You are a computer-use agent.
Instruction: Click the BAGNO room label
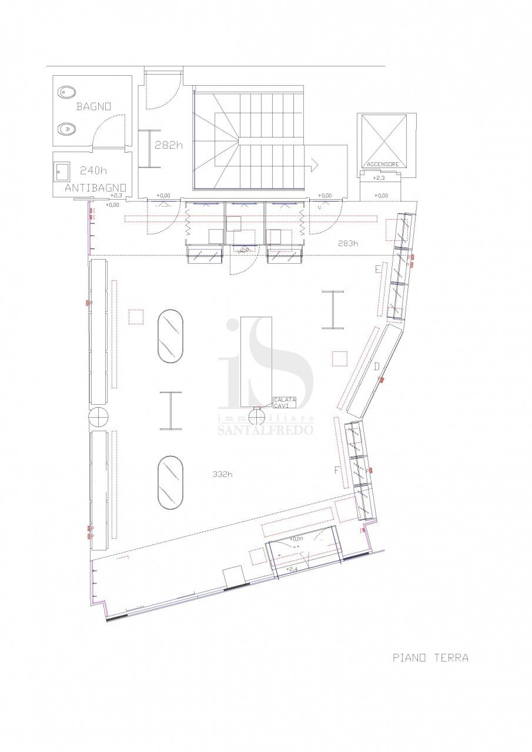(93, 107)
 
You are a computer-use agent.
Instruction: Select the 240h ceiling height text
(93, 171)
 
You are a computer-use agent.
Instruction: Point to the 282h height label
(168, 145)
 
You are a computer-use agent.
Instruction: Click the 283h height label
(348, 243)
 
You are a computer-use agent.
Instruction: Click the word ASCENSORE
(383, 164)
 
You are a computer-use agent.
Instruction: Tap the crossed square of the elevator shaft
(384, 137)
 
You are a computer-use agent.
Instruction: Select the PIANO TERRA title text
(430, 657)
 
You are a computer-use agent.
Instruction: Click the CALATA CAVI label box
(285, 402)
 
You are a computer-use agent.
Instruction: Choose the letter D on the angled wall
(377, 367)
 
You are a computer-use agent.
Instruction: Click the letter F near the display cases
(337, 470)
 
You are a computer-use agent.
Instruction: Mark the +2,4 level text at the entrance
(292, 569)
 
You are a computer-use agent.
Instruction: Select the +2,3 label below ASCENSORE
(379, 177)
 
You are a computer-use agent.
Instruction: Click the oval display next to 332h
(170, 483)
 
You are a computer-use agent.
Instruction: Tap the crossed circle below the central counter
(257, 417)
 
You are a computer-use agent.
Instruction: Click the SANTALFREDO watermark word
(265, 429)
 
